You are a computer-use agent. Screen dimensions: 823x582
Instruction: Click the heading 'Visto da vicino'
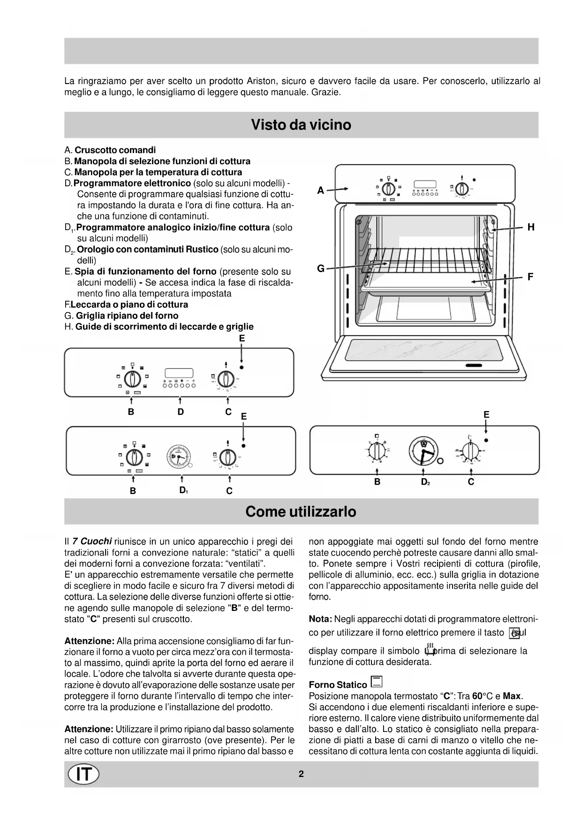(301, 125)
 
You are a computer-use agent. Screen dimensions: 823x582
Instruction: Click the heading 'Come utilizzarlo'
(301, 511)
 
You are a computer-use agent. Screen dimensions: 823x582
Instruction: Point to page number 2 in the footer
(301, 774)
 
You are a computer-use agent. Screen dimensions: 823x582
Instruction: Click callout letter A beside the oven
(321, 191)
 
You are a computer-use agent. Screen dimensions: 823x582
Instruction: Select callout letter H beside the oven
(531, 228)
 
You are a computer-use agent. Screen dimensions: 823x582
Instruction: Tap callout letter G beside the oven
(321, 268)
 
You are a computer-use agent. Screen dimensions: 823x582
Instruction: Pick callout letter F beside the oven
(530, 277)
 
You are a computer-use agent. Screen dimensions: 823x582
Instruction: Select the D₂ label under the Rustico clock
(425, 482)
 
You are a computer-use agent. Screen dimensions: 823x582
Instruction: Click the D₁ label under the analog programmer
(183, 490)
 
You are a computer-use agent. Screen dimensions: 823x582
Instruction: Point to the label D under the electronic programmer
(181, 412)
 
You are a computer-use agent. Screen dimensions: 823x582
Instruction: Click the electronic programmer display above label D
(179, 373)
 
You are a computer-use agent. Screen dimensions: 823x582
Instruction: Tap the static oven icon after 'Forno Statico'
(376, 682)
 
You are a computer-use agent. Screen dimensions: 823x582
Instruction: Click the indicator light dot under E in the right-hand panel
(486, 440)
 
